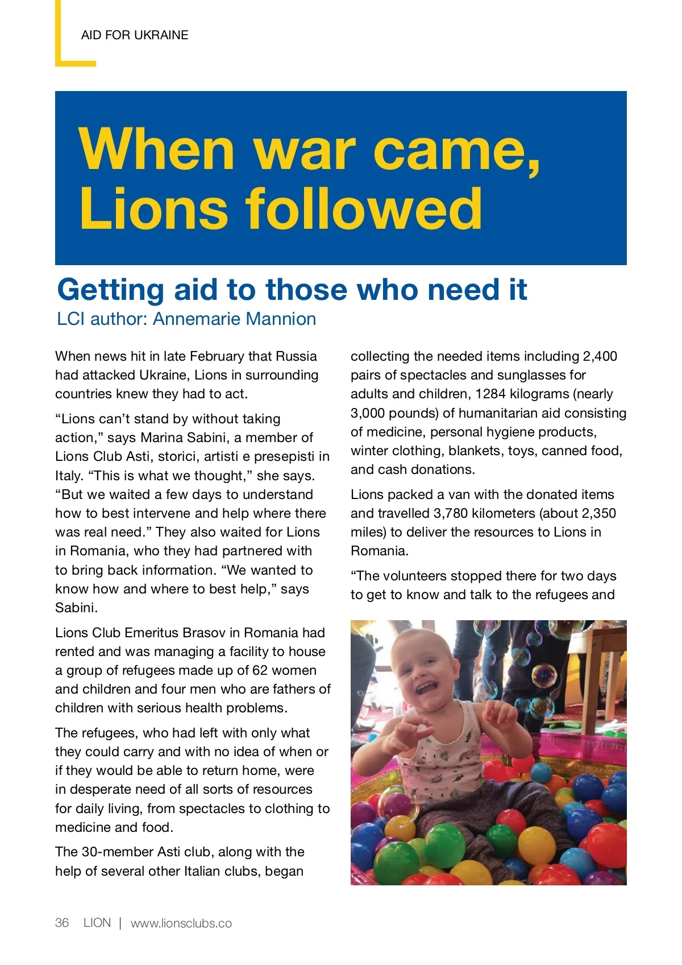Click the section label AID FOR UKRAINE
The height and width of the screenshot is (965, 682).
(135, 35)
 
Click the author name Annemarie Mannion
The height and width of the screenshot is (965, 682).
(234, 319)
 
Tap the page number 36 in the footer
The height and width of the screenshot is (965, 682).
(62, 923)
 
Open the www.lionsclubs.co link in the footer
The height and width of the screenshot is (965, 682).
(181, 923)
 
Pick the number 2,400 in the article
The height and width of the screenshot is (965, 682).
(600, 356)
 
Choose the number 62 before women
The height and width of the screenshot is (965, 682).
(260, 670)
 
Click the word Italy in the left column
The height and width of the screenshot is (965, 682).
(70, 476)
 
